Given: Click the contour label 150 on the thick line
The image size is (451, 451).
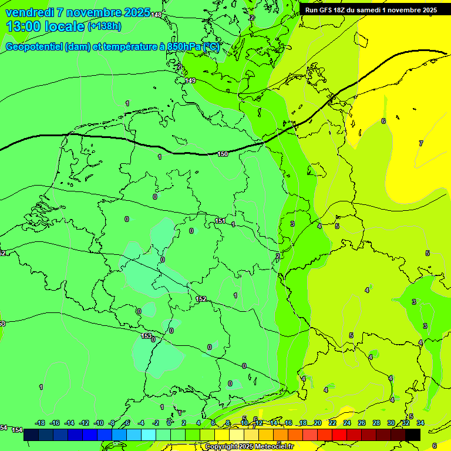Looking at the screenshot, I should tap(223, 154).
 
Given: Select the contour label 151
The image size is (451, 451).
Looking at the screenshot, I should tap(220, 221).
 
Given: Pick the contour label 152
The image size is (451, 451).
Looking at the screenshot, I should tap(201, 299).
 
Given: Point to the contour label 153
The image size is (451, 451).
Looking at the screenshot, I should tap(146, 336).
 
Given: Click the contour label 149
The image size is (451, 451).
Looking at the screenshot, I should tap(190, 80).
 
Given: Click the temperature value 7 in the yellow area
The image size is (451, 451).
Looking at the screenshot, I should tap(420, 143).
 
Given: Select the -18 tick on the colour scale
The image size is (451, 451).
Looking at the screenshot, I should tap(40, 423).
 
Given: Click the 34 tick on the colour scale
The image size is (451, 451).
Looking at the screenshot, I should tap(420, 423).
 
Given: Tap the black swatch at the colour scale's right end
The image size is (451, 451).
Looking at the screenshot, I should tap(413, 435).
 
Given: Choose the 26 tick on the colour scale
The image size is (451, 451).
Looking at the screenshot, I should tap(362, 423).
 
